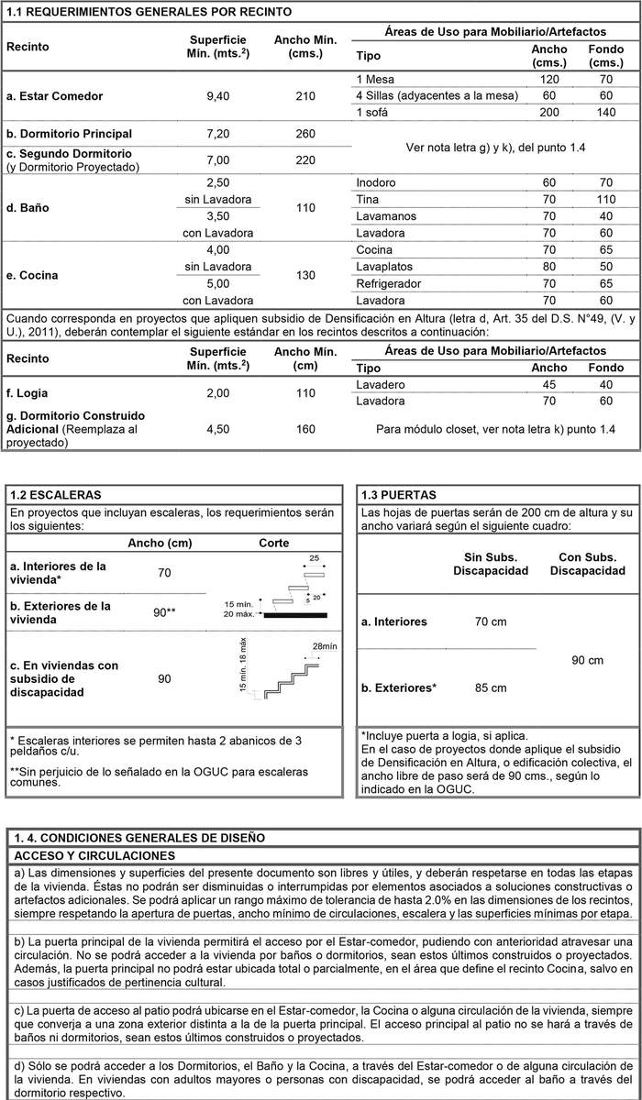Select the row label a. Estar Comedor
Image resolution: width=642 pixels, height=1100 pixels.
click(x=54, y=96)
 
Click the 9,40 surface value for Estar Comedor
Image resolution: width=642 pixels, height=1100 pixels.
click(x=217, y=96)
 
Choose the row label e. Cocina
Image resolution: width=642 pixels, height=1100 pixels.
click(x=34, y=275)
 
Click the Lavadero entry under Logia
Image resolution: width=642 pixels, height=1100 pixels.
click(x=380, y=385)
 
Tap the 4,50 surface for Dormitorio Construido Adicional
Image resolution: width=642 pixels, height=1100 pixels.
click(x=217, y=429)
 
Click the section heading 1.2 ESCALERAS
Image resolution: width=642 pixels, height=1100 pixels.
click(x=56, y=494)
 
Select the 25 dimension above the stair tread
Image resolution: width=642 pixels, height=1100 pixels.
click(x=315, y=558)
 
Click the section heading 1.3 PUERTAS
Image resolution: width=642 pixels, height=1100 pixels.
click(x=399, y=494)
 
